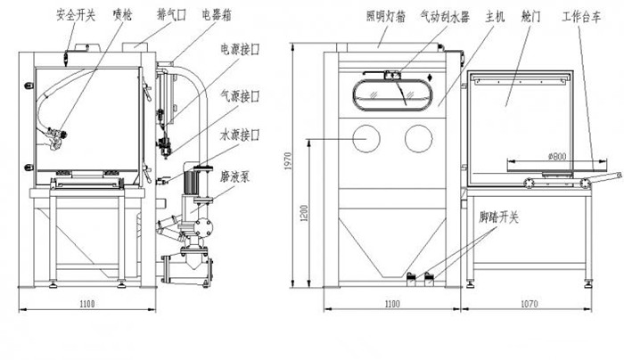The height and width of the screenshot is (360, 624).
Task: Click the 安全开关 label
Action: click(75, 15)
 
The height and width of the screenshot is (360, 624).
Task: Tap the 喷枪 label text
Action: click(122, 15)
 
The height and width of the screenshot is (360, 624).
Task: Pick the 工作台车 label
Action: click(580, 15)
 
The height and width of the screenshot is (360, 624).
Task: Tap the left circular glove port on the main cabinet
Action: click(366, 138)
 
